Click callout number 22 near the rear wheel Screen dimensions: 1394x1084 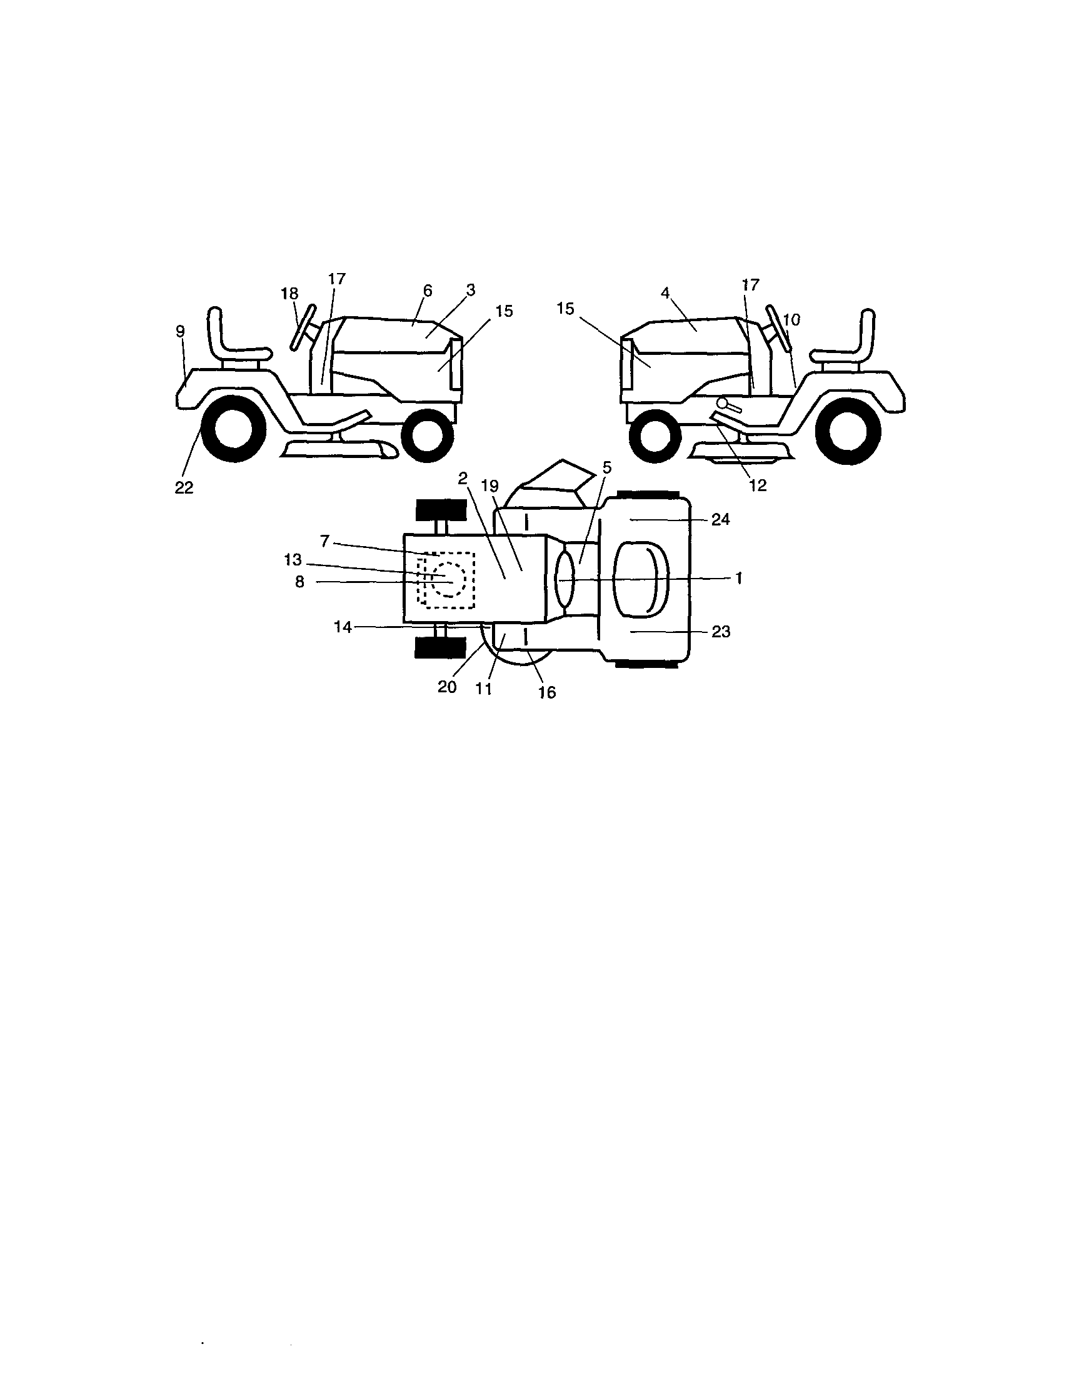click(184, 487)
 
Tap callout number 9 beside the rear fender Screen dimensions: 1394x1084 click(180, 331)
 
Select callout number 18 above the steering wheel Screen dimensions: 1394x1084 click(289, 294)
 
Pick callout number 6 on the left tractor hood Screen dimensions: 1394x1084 click(428, 291)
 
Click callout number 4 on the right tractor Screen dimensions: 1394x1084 click(665, 293)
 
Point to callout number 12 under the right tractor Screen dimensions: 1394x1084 click(758, 485)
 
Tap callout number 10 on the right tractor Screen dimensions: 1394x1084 click(791, 320)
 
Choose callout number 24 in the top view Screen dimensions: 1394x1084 click(721, 520)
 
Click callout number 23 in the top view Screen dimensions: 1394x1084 click(721, 631)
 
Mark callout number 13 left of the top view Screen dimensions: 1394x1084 click(293, 560)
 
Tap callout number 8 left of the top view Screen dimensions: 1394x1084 click(299, 582)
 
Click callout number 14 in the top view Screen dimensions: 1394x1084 click(343, 627)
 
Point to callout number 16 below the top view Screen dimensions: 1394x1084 click(548, 692)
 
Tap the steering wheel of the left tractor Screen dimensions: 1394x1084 click(303, 328)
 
